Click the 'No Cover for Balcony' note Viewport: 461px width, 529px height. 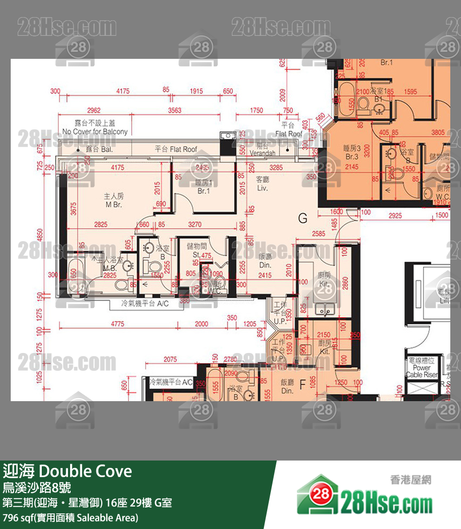(x=95, y=132)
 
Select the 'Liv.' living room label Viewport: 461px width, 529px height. (x=262, y=189)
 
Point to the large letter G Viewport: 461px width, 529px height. (x=303, y=218)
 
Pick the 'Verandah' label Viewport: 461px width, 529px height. (x=262, y=154)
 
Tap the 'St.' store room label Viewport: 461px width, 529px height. (x=196, y=256)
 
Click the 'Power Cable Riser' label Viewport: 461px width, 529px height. (x=421, y=371)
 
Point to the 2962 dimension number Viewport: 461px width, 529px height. (x=94, y=111)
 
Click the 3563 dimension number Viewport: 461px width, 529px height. (x=175, y=111)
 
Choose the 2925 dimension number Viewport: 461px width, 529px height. (x=395, y=214)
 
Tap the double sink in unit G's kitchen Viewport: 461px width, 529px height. (x=324, y=309)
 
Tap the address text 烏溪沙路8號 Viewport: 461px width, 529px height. (x=36, y=488)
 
